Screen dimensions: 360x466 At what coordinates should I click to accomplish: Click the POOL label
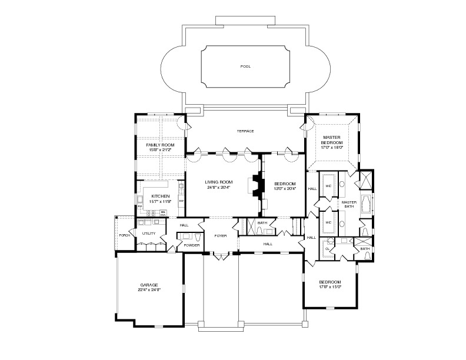point(245,66)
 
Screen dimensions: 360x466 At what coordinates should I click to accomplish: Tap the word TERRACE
point(245,131)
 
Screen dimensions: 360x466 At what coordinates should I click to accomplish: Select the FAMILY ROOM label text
point(161,145)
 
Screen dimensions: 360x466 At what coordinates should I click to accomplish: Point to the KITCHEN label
point(161,196)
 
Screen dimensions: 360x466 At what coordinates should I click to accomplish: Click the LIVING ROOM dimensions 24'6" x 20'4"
point(219,188)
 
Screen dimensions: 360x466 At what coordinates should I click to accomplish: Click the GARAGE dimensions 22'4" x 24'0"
point(149,289)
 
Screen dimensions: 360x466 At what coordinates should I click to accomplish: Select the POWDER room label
point(192,245)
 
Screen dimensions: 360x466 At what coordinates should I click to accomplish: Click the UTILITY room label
point(149,234)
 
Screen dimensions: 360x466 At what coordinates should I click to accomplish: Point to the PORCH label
point(124,235)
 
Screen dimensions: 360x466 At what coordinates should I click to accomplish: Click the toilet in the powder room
point(198,236)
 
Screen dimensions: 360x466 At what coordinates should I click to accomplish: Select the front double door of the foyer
point(220,255)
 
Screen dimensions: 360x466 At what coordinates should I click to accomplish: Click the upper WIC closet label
point(328,185)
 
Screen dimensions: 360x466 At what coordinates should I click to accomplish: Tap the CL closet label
point(328,249)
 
